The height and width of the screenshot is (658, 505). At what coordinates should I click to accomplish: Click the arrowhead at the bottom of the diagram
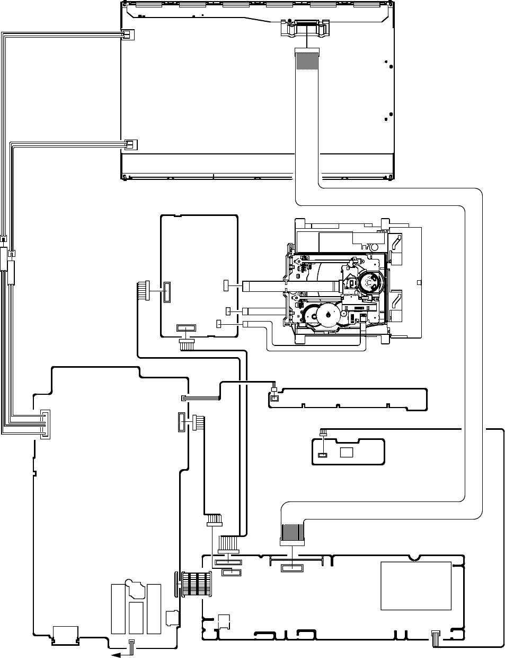coord(112,654)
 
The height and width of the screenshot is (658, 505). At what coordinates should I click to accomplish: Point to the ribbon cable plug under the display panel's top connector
coord(307,59)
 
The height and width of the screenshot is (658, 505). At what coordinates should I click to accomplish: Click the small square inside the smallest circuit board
coord(347,452)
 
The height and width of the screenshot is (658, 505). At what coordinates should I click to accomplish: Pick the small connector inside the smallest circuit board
coord(322,455)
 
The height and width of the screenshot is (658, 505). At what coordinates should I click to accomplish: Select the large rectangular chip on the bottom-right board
coord(416,586)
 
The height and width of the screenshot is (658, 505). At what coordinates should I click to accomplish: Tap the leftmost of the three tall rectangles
coord(118,608)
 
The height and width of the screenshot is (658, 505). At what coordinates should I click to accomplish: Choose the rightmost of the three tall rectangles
coord(154,608)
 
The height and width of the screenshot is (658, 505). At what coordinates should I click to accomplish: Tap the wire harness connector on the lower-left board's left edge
coord(45,424)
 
